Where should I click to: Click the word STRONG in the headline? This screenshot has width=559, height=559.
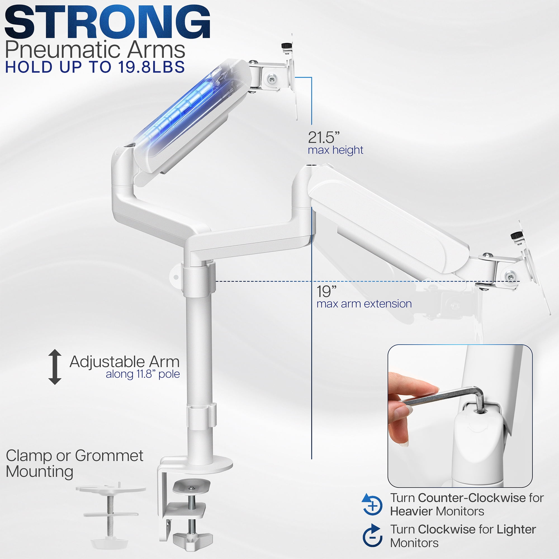pyautogui.click(x=107, y=22)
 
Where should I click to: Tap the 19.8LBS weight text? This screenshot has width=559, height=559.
pyautogui.click(x=151, y=67)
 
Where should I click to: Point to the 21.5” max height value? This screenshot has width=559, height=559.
pyautogui.click(x=323, y=138)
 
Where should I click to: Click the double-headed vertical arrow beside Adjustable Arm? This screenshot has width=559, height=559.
pyautogui.click(x=55, y=367)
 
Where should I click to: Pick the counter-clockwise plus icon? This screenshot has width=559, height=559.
pyautogui.click(x=372, y=504)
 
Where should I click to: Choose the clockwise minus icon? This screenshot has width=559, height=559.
pyautogui.click(x=372, y=536)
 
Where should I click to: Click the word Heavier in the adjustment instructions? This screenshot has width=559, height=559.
pyautogui.click(x=411, y=511)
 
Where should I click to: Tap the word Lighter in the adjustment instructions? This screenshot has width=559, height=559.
pyautogui.click(x=516, y=529)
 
